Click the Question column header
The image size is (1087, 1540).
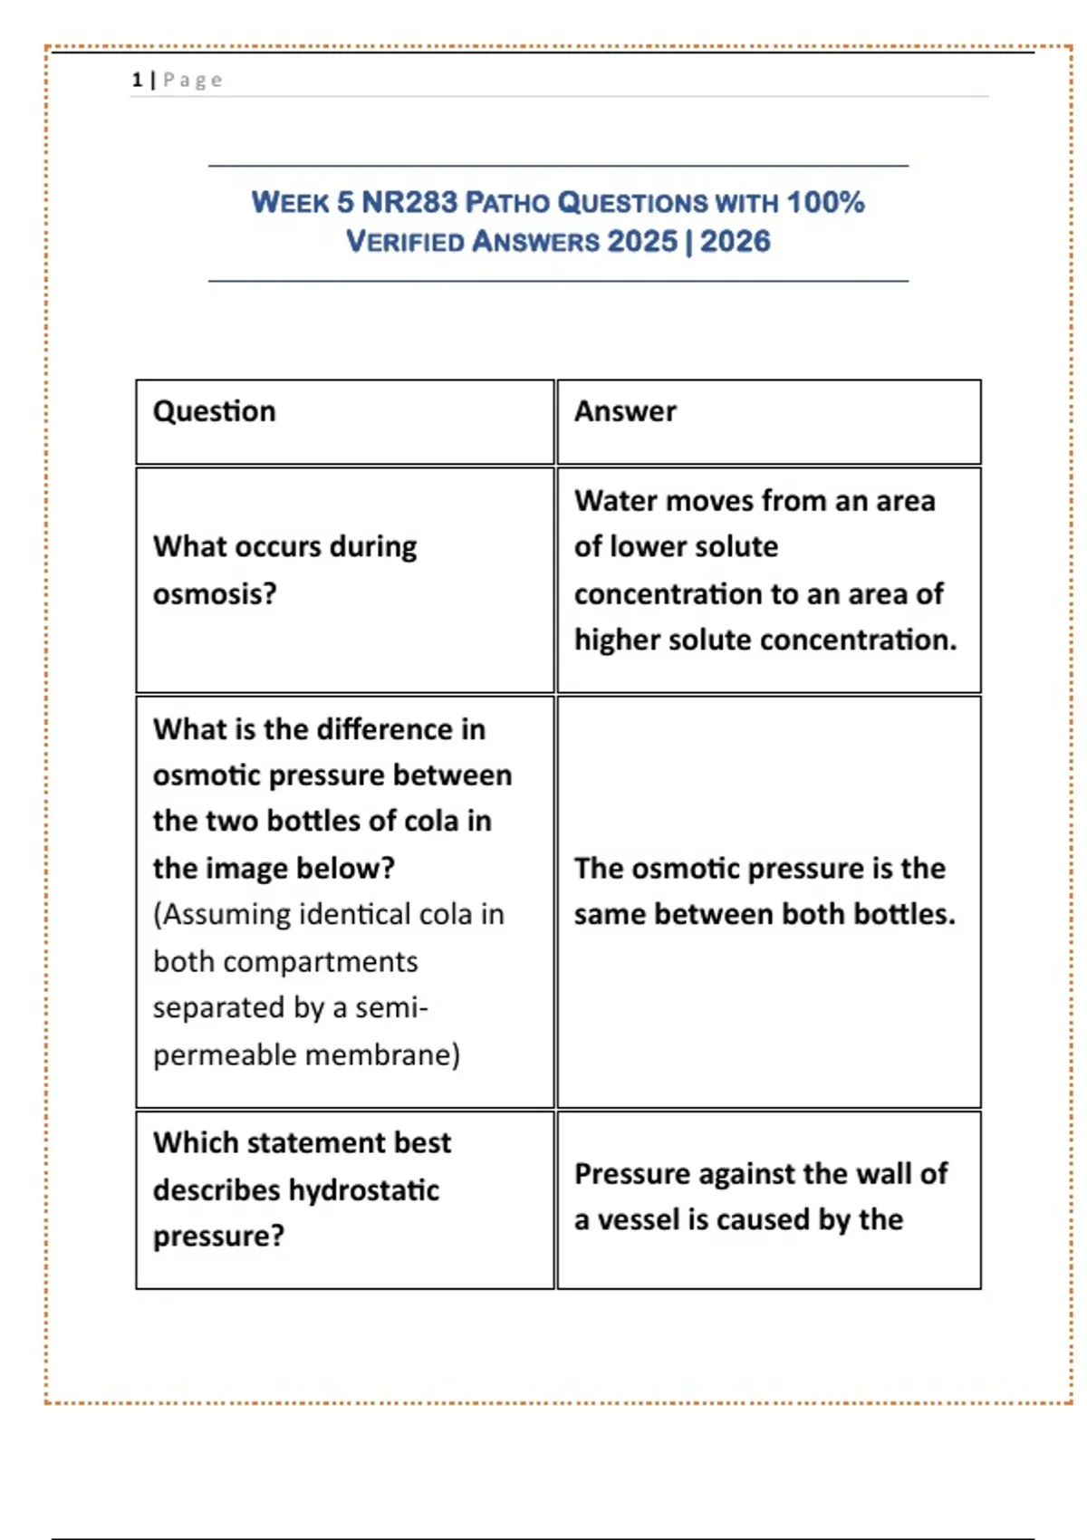pos(214,412)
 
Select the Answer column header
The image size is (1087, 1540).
pos(625,412)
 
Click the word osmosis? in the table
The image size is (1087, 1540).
pos(215,594)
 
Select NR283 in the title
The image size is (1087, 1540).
pos(409,202)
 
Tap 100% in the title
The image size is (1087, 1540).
pos(825,202)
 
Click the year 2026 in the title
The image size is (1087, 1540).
pos(735,242)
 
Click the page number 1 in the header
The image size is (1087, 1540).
pos(137,81)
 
